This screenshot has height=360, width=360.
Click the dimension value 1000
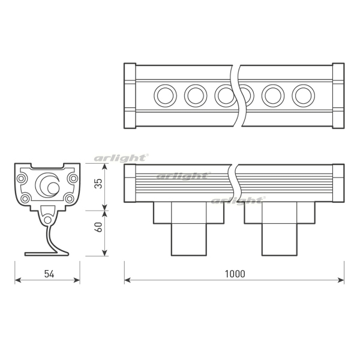click(235, 274)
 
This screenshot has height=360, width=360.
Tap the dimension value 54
click(49, 274)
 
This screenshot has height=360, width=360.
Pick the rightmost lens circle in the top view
click(303, 95)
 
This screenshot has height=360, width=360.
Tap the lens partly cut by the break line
click(225, 95)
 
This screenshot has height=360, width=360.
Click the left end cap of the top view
click(129, 95)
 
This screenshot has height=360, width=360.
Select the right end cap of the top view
click(338, 95)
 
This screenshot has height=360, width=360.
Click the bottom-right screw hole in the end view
click(70, 198)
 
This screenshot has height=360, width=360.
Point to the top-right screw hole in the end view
click(73, 178)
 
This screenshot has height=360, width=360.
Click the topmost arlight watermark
click(121, 158)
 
